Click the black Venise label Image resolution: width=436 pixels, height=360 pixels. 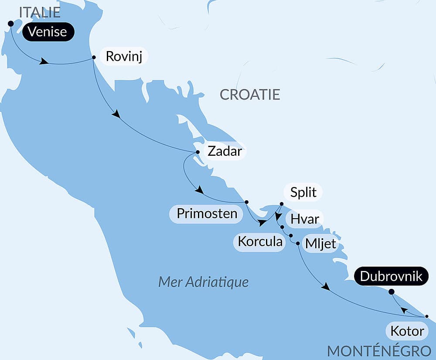coord(48,32)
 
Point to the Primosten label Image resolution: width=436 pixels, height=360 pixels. coord(207,214)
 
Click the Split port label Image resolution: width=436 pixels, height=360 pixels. coord(303,192)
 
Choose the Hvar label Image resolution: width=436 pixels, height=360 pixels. coord(305,219)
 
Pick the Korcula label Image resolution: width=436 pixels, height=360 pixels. coord(260,241)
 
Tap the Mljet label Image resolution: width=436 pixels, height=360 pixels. coord(321,244)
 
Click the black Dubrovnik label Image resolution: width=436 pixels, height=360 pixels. coord(391,276)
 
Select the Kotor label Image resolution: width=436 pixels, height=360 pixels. coord(407,331)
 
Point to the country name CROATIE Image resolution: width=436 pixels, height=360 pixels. coord(250,95)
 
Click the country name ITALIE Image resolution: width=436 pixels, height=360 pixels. coord(39,12)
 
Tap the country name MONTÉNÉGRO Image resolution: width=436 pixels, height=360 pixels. coord(379,351)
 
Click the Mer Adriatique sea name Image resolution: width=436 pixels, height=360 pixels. coord(203,282)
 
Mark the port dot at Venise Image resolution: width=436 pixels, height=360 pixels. coord(11,24)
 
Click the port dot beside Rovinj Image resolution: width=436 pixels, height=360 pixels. coord(94,57)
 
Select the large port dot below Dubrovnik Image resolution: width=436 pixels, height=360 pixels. coord(391,291)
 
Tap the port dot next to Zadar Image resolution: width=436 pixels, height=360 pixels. coord(198,152)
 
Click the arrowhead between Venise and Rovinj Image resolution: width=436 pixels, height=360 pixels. coord(44,62)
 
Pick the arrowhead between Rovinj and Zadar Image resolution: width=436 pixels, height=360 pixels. coord(116,114)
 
